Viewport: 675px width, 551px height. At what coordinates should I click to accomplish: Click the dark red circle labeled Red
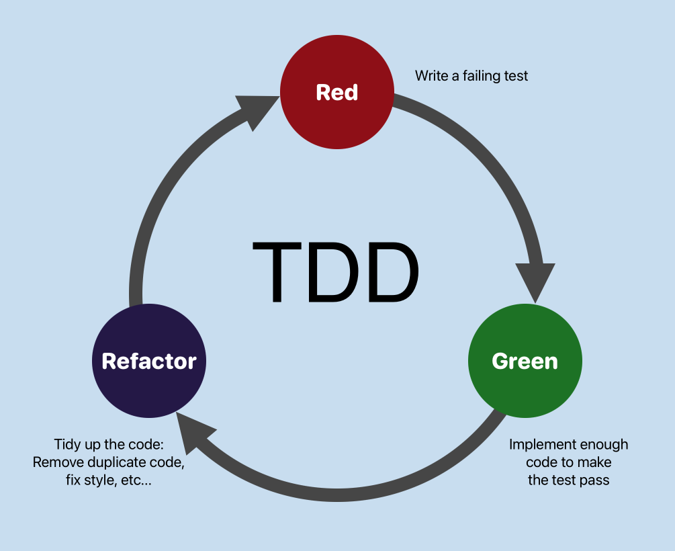click(336, 92)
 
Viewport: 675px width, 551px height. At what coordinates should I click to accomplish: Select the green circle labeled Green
click(525, 361)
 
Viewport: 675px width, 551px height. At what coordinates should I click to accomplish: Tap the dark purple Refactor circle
click(148, 361)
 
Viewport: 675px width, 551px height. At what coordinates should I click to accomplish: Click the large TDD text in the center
click(336, 272)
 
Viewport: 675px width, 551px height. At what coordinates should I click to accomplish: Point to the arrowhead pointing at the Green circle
click(535, 282)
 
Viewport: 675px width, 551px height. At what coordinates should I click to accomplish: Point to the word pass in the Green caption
click(594, 480)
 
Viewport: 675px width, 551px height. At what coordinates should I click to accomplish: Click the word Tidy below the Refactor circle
click(68, 444)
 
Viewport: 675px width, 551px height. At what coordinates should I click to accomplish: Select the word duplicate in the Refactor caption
click(114, 462)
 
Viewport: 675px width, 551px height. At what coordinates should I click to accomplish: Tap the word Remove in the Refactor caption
click(56, 462)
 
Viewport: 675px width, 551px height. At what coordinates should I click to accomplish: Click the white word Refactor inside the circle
click(148, 361)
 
